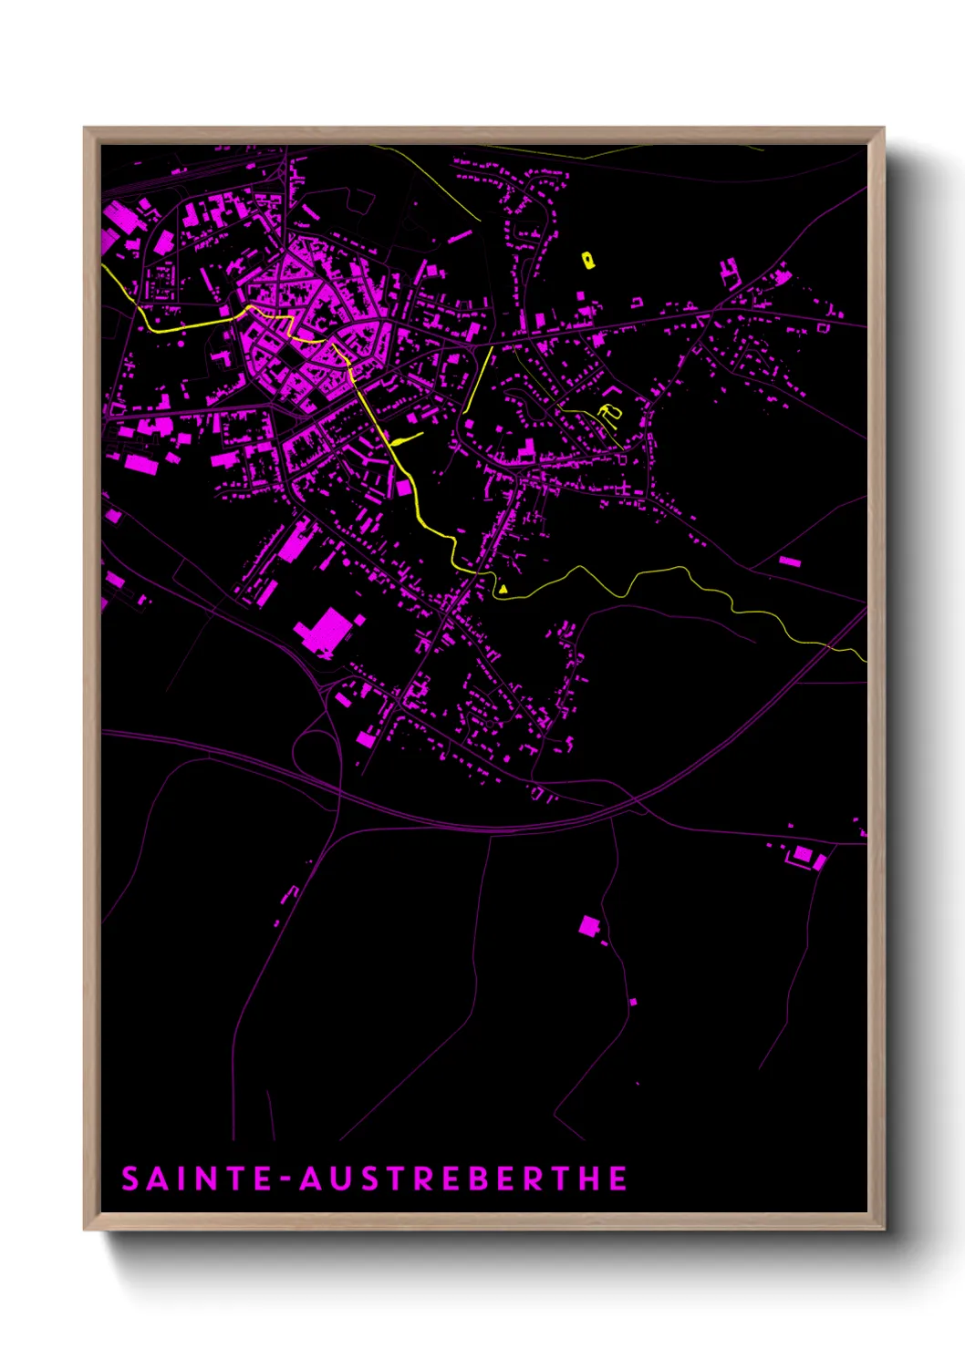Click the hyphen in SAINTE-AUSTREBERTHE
point(285,1179)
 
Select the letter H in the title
point(590,1179)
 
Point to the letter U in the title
point(338,1179)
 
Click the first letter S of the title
point(130,1179)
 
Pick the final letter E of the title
point(618,1179)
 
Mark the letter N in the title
point(205,1179)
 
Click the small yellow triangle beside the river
point(503,590)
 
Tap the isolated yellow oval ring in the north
point(588,260)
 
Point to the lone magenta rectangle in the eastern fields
point(789,561)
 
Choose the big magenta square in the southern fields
point(589,927)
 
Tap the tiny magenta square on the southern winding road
point(633,1002)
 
